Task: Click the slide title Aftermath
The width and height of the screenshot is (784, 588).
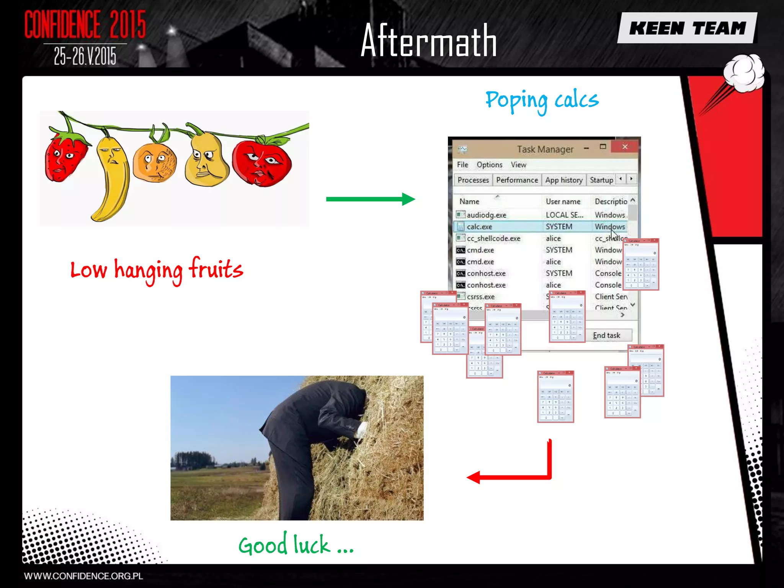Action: (428, 41)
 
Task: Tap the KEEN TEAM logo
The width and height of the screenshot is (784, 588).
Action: (687, 28)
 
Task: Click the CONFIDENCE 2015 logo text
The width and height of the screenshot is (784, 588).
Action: (85, 24)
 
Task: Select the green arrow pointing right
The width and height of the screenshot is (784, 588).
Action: (370, 199)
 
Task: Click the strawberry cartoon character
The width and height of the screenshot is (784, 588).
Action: (65, 157)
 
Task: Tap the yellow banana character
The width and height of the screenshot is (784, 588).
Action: (111, 176)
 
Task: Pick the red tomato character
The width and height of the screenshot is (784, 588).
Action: (262, 163)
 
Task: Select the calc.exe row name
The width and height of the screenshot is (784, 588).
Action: (479, 227)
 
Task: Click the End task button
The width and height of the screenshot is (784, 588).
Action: (607, 335)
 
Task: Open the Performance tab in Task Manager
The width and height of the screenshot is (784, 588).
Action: (517, 180)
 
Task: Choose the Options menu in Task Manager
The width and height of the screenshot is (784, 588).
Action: (489, 165)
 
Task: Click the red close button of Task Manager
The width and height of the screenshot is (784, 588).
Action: (625, 147)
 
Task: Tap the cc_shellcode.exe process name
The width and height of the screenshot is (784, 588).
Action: (493, 238)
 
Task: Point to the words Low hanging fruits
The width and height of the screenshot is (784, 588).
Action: (157, 269)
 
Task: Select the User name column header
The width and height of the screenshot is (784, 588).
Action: (563, 201)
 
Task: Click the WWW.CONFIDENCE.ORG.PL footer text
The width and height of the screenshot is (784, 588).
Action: (83, 576)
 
